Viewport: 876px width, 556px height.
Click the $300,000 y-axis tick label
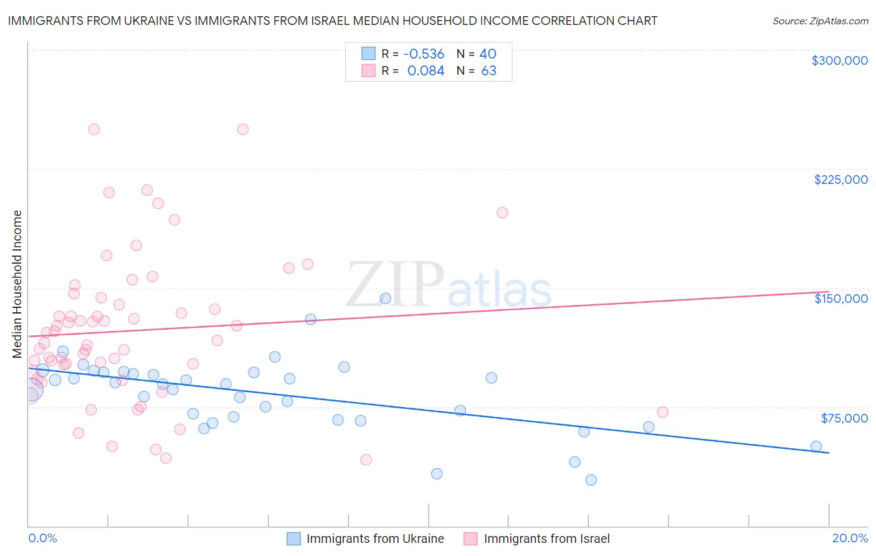click(x=839, y=60)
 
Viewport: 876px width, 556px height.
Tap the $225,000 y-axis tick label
click(x=840, y=180)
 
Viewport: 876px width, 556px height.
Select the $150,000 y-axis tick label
click(x=840, y=299)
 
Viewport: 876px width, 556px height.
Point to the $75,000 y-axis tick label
click(x=844, y=418)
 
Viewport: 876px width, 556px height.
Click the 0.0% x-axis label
click(x=42, y=538)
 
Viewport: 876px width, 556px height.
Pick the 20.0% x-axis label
click(x=850, y=538)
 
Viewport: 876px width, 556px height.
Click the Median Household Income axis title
click(x=17, y=284)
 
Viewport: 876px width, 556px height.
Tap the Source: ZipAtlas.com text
click(x=820, y=21)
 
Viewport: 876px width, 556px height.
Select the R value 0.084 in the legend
click(x=426, y=71)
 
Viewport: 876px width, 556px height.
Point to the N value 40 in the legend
click(x=488, y=54)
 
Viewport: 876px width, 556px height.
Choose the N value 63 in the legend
click(x=488, y=71)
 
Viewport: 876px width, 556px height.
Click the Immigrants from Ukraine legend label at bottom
click(x=375, y=539)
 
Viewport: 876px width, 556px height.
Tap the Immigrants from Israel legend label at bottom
click(x=546, y=539)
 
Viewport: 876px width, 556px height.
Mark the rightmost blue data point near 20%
click(x=816, y=446)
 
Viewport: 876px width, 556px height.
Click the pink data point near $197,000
click(x=502, y=213)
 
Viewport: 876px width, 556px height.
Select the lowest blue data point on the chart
click(x=591, y=480)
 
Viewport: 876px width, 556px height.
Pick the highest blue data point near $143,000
click(x=385, y=299)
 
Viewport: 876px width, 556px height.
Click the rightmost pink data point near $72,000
click(x=662, y=412)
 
